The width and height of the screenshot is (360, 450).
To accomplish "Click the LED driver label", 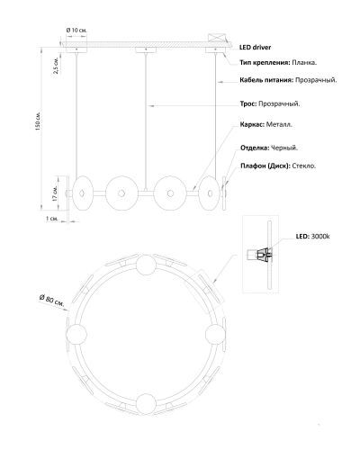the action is coord(256,47).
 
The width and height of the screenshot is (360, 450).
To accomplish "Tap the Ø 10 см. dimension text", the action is coord(76,31).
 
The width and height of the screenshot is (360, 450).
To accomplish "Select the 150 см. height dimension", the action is coord(38,121).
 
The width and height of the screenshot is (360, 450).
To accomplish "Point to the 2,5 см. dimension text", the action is coord(57,65).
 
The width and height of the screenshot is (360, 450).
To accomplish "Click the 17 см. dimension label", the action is coord(55,193).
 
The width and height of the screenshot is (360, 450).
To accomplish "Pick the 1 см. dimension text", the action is coord(52,219).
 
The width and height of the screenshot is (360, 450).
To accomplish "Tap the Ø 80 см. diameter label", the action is coord(52,300).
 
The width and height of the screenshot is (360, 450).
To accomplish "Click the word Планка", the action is coord(304,62).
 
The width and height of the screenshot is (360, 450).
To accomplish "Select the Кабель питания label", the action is coord(266,80).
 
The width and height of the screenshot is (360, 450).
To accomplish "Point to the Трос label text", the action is coord(248,103).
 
